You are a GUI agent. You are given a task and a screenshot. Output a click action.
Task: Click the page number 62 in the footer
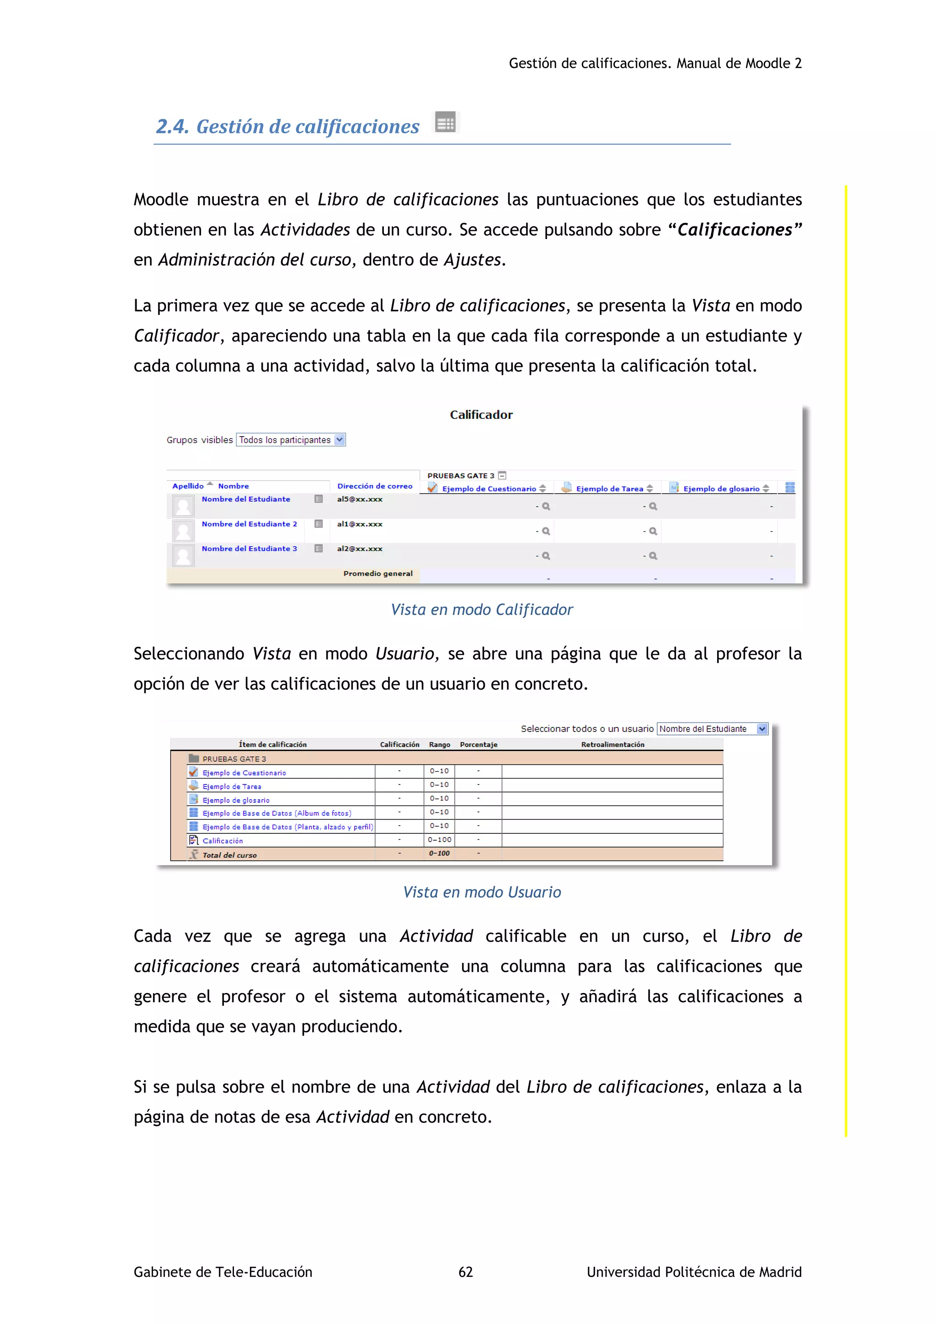465,1271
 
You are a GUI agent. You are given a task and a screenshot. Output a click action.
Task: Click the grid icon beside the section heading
446,122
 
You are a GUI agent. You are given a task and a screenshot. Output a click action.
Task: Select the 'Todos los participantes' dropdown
291,440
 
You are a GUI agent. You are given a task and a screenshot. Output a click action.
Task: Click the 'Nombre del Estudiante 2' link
249,523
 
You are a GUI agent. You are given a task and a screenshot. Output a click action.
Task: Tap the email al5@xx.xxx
360,499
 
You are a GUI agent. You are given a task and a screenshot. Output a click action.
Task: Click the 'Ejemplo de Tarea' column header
609,488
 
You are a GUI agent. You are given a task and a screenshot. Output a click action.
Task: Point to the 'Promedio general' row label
378,573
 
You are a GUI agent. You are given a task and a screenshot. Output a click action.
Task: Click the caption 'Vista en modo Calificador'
481,609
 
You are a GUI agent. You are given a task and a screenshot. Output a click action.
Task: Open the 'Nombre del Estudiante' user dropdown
713,729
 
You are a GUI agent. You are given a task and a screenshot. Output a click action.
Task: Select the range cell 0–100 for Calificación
439,839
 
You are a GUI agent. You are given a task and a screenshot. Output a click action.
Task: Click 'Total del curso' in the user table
229,854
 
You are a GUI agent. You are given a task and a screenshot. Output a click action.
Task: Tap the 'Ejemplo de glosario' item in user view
236,800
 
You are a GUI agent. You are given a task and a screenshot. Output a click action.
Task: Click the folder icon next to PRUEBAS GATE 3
194,758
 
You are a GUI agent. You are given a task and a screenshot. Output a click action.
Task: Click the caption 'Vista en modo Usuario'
481,892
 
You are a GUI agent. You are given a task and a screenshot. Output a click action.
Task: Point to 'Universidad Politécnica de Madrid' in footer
693,1271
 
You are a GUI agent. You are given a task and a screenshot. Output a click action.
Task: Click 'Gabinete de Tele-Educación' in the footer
223,1271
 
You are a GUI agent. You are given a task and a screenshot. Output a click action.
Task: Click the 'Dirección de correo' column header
375,486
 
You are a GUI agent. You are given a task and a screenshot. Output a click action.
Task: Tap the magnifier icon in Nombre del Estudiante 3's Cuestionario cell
546,556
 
